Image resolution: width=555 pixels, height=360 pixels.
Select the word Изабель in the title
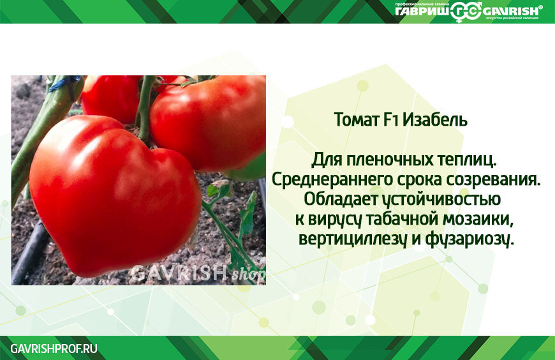tap(438, 120)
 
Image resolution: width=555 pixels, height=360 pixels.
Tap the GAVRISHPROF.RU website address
tap(54, 349)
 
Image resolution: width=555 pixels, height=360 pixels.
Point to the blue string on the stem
tap(64, 83)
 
